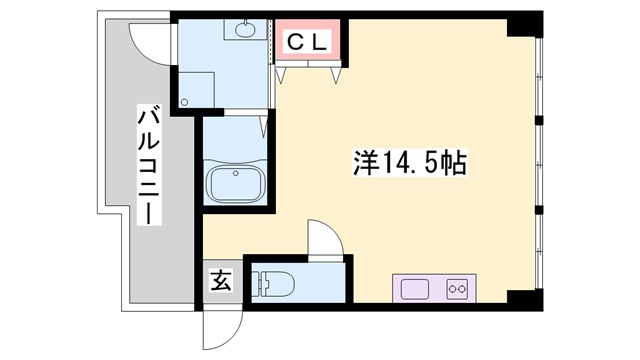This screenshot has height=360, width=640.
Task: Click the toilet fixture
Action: click(274, 285)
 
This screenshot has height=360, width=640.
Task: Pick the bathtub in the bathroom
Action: click(235, 185)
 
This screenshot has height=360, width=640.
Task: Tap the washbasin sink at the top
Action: click(243, 29)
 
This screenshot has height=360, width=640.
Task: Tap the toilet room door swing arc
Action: click(325, 240)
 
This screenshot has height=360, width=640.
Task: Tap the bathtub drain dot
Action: click(235, 172)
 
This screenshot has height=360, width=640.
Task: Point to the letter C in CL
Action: click(298, 41)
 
